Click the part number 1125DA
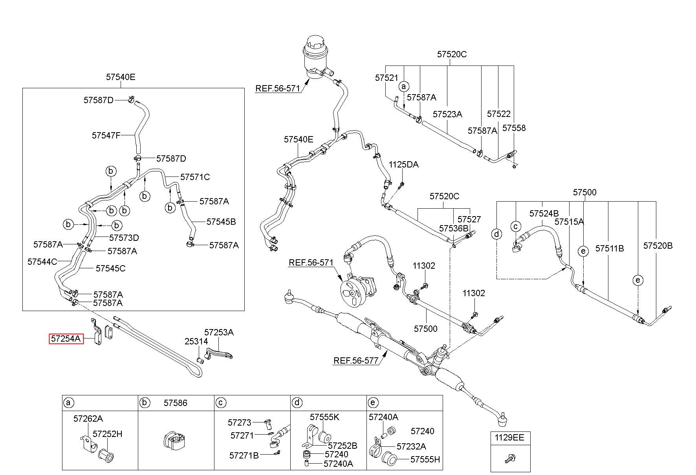(x=404, y=165)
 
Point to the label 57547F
(x=106, y=136)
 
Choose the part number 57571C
(x=195, y=177)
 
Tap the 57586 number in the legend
(x=176, y=403)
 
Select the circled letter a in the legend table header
(x=69, y=403)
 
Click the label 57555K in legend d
(x=324, y=417)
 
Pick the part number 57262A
(x=88, y=419)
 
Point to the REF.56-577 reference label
(x=356, y=361)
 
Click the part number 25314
(x=196, y=342)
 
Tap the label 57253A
(x=219, y=333)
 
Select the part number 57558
(x=514, y=128)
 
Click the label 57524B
(x=544, y=214)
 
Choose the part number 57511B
(x=610, y=249)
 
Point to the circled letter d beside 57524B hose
(x=497, y=235)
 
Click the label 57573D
(x=124, y=238)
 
